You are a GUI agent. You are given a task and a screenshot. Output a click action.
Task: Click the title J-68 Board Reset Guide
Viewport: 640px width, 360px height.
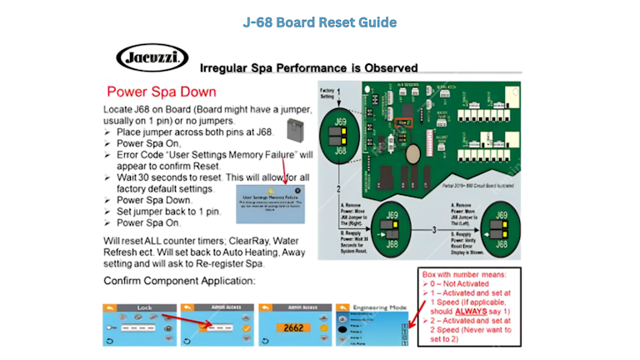pos(319,22)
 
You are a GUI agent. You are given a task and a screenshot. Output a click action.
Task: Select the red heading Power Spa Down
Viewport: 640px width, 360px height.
pos(162,91)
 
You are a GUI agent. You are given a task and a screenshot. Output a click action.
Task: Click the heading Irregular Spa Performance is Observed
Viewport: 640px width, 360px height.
pos(309,68)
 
